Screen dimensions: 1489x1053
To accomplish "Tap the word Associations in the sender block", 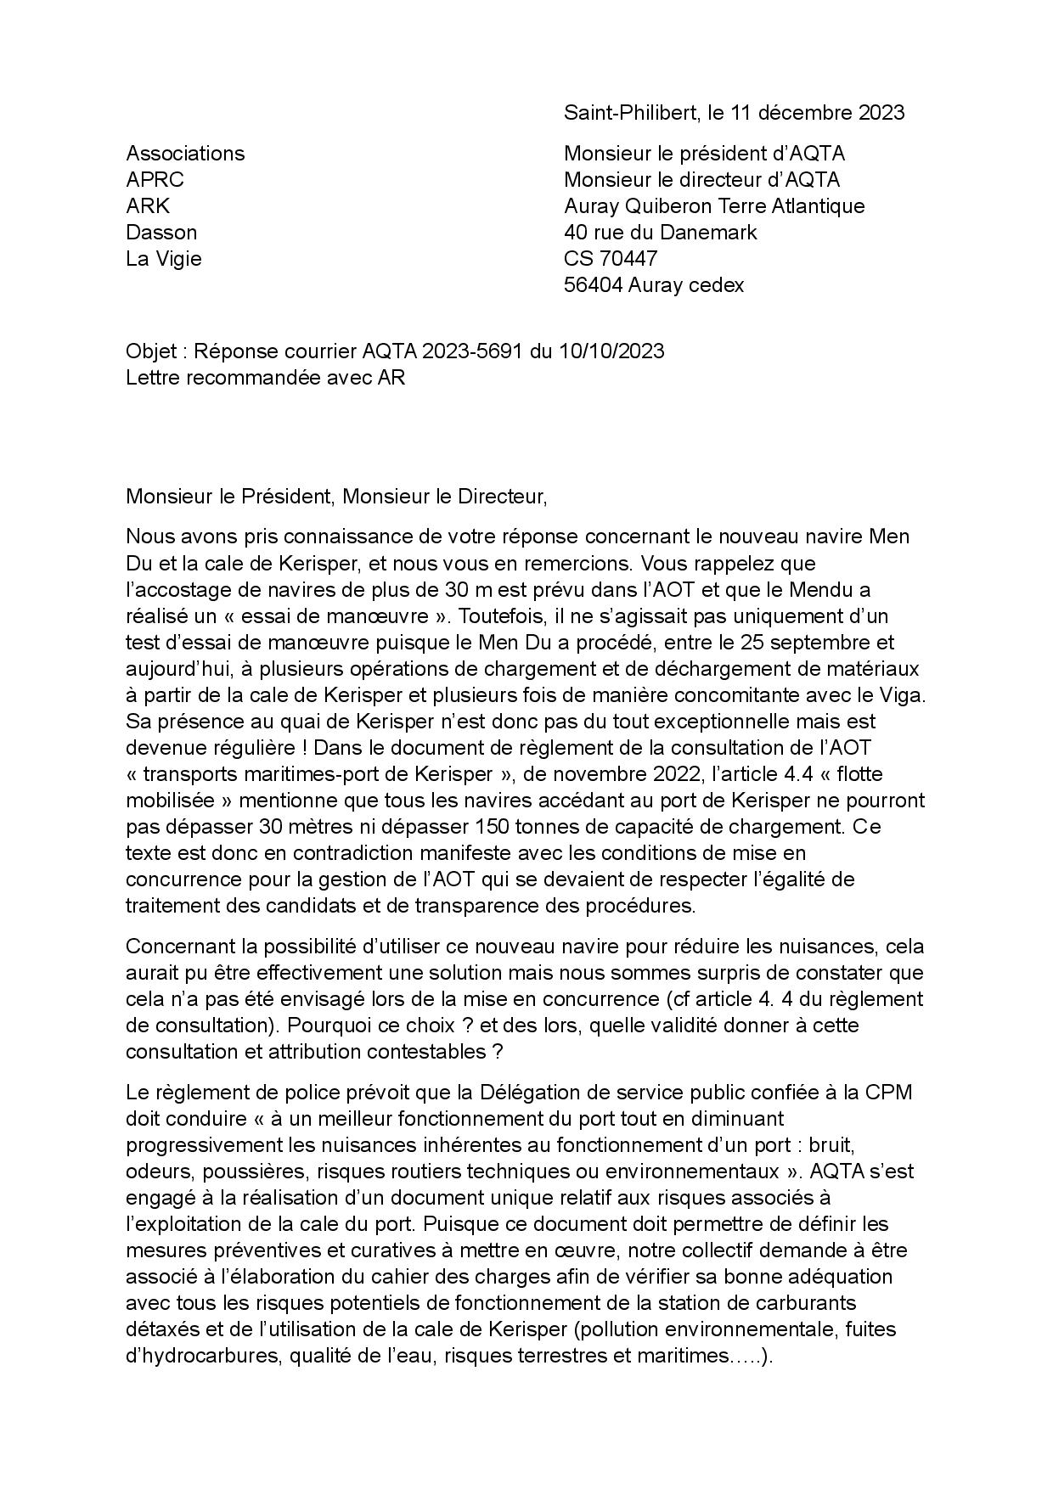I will coord(185,154).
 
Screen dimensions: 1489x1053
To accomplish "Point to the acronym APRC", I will coord(155,180).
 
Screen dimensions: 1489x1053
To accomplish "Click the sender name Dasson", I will coord(161,233).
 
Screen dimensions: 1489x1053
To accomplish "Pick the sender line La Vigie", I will coord(164,259).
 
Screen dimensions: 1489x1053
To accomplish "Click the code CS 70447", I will coord(611,259).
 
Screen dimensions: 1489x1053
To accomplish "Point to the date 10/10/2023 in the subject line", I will coord(611,351).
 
